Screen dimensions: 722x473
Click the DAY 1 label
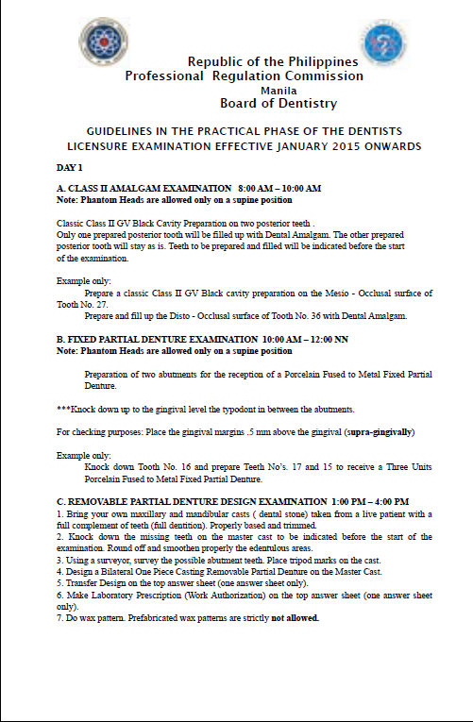pyautogui.click(x=70, y=167)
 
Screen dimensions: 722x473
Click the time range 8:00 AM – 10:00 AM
pyautogui.click(x=280, y=188)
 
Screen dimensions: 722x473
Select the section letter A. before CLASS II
pyautogui.click(x=61, y=188)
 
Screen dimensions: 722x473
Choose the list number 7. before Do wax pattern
pyautogui.click(x=60, y=618)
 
